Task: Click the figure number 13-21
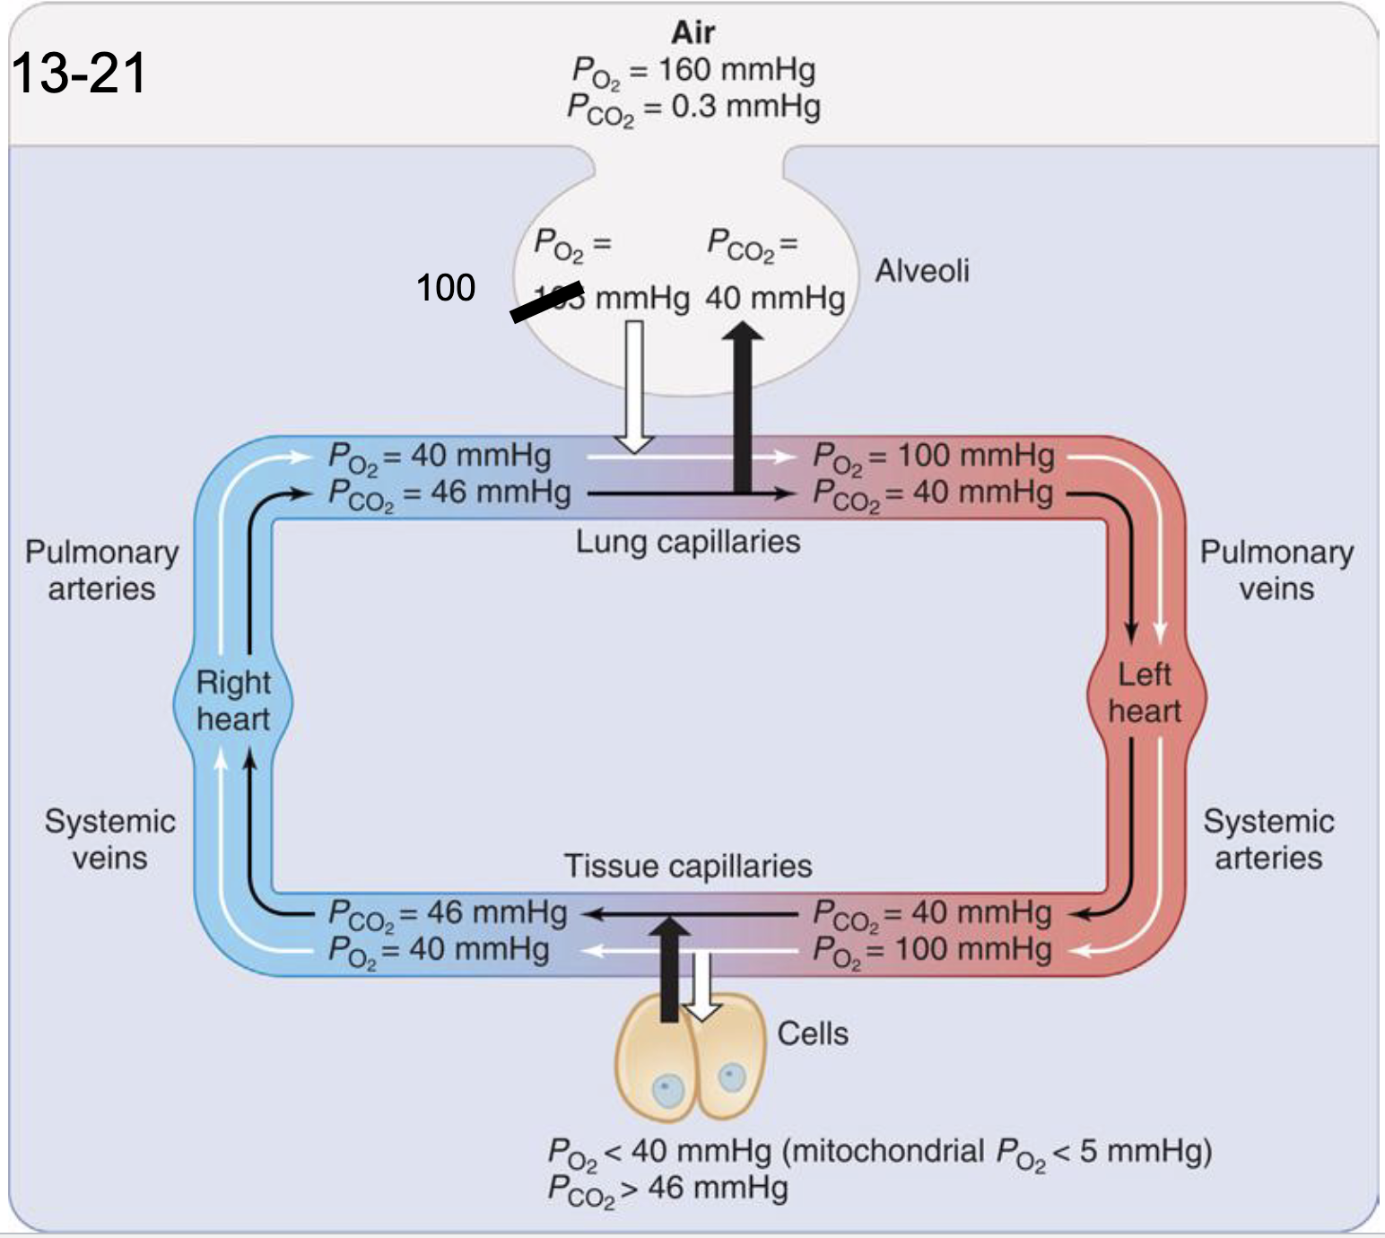pyautogui.click(x=79, y=73)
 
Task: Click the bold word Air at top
pyautogui.click(x=692, y=32)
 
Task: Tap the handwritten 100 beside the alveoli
pyautogui.click(x=445, y=288)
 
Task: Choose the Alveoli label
pyautogui.click(x=921, y=270)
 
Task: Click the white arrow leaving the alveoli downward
pyautogui.click(x=634, y=386)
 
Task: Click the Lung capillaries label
pyautogui.click(x=687, y=541)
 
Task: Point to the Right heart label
pyautogui.click(x=233, y=701)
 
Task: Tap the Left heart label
pyautogui.click(x=1144, y=693)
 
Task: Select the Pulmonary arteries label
pyautogui.click(x=101, y=570)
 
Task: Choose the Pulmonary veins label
pyautogui.click(x=1276, y=570)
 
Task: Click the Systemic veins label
pyautogui.click(x=109, y=839)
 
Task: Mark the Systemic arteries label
pyautogui.click(x=1267, y=839)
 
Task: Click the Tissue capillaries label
pyautogui.click(x=687, y=866)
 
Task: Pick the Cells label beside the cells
pyautogui.click(x=812, y=1033)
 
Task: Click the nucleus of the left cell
pyautogui.click(x=667, y=1091)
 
